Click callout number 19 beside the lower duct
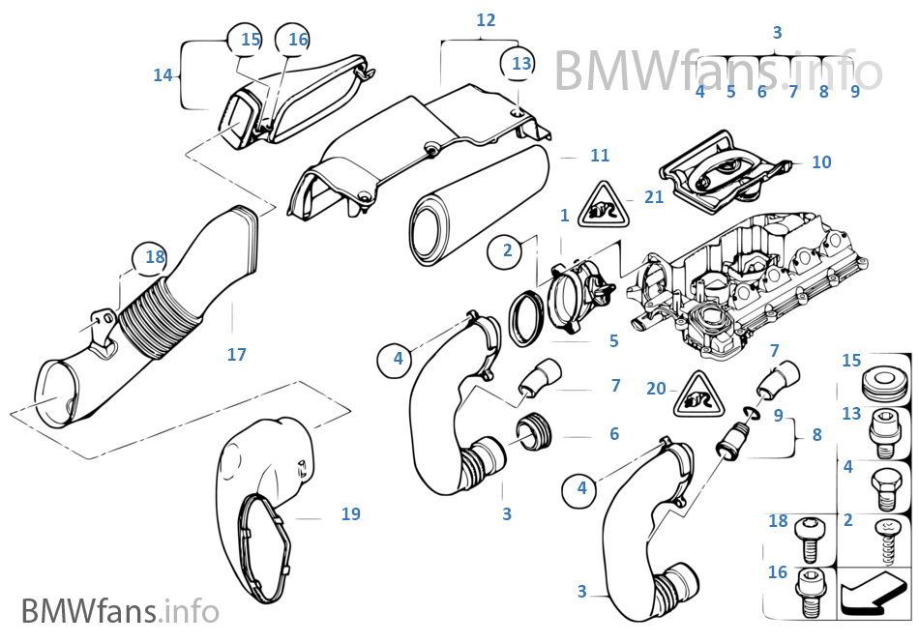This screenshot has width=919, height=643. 350,514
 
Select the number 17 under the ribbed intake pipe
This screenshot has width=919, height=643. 237,355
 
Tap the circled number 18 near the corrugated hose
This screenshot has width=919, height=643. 155,257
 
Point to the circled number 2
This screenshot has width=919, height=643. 507,251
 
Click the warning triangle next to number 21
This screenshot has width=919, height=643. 598,205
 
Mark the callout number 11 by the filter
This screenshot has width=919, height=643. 600,156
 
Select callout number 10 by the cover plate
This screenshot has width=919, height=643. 821,162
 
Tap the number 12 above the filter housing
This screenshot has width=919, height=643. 486,19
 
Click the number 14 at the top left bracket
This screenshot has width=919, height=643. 163,74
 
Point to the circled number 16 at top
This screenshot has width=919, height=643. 298,39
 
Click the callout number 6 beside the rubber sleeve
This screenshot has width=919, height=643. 614,434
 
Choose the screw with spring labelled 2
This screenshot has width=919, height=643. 884,539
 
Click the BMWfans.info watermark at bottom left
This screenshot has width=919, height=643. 121,612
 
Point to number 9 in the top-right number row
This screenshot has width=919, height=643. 855,92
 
